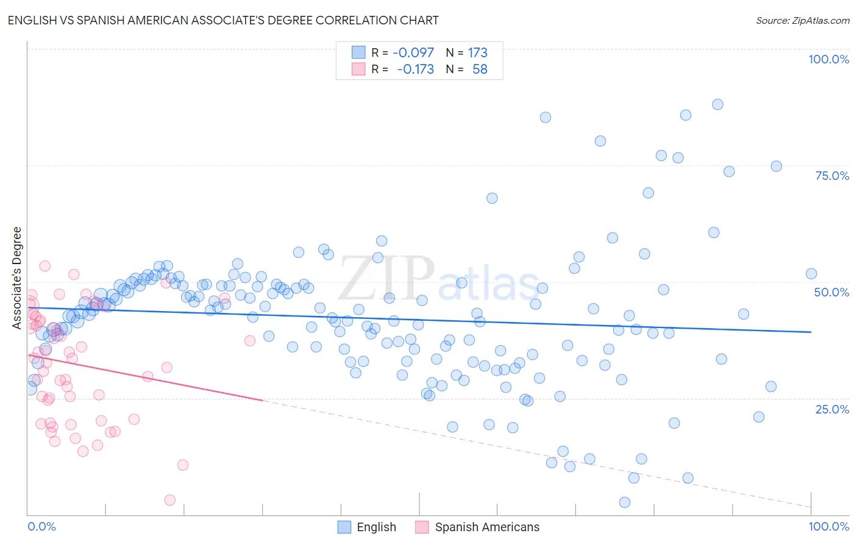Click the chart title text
[x=223, y=20]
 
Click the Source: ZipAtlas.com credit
[x=802, y=20]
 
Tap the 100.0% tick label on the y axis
[x=828, y=59]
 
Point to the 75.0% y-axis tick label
[x=832, y=176]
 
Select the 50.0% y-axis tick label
[x=831, y=292]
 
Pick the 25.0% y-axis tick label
[x=832, y=409]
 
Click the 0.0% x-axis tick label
[x=41, y=526]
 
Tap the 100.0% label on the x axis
[x=828, y=526]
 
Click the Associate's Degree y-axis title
[x=17, y=277]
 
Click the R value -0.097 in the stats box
[x=413, y=52]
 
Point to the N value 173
[x=477, y=52]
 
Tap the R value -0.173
[x=415, y=69]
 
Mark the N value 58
[x=480, y=69]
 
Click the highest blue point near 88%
[x=717, y=104]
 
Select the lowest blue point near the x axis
[x=624, y=503]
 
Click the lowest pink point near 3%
[x=170, y=500]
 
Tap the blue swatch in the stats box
[x=358, y=52]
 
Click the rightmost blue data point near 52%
[x=811, y=274]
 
